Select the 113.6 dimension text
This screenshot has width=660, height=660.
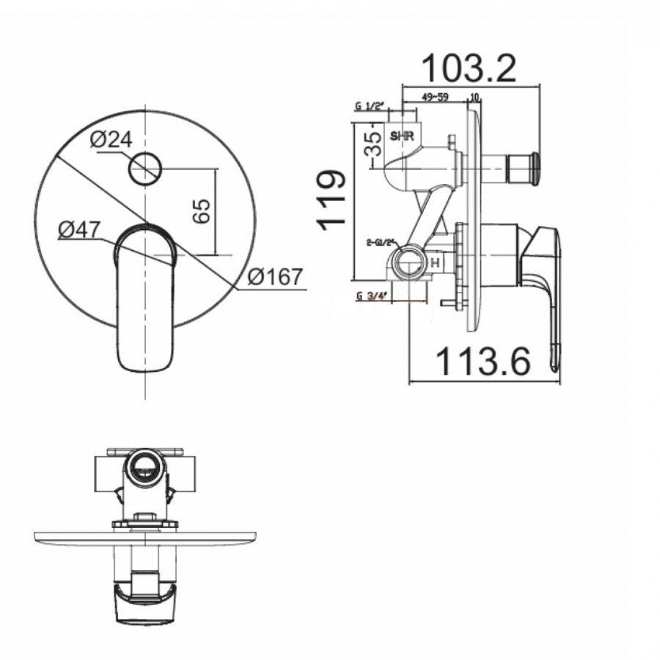(x=483, y=361)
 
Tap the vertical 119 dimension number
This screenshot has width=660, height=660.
(x=333, y=200)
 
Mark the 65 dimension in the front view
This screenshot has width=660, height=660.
(x=203, y=210)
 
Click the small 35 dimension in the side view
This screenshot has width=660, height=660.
(x=376, y=144)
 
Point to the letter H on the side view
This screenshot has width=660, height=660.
(x=434, y=263)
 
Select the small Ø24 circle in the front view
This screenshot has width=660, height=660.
(x=145, y=168)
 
